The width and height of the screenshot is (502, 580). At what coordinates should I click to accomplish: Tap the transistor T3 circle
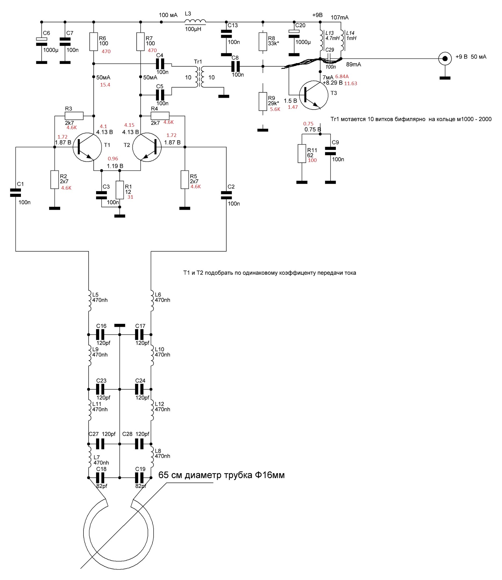click(x=314, y=95)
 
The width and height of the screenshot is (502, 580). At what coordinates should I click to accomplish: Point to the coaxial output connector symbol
click(x=445, y=59)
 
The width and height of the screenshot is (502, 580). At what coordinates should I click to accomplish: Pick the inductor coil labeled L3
click(x=195, y=21)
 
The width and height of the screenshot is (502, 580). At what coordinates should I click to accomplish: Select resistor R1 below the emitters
click(x=120, y=190)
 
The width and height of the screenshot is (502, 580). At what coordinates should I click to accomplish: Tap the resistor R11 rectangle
click(x=302, y=154)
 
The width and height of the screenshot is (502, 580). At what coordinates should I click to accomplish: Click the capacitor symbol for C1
click(x=15, y=193)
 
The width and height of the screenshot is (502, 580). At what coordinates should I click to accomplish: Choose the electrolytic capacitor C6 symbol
click(x=42, y=41)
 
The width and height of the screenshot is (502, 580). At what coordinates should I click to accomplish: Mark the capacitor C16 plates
click(x=100, y=335)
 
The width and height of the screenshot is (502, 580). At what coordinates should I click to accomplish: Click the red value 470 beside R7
click(x=152, y=50)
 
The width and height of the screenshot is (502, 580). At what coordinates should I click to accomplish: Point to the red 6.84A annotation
click(x=342, y=77)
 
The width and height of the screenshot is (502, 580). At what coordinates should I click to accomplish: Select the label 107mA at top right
click(x=340, y=17)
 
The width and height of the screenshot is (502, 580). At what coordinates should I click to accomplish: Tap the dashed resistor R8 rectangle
click(x=263, y=41)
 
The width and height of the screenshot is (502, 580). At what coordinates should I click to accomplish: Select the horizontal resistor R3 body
click(x=74, y=115)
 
